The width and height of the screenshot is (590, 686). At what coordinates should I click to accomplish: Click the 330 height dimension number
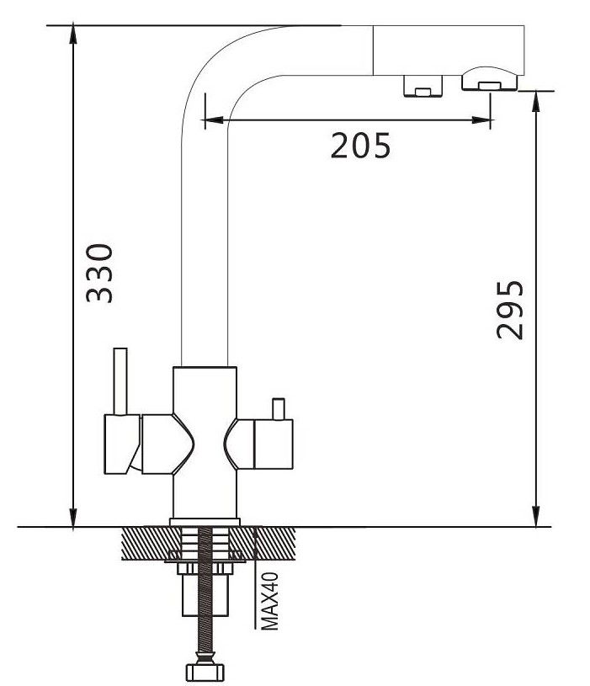99,274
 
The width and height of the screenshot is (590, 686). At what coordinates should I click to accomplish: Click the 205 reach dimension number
360,146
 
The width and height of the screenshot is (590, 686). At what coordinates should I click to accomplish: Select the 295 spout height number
510,311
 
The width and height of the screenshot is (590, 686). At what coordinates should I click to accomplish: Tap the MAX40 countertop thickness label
270,601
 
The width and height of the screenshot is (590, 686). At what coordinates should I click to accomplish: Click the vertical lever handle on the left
120,381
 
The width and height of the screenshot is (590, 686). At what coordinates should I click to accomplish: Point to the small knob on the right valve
278,408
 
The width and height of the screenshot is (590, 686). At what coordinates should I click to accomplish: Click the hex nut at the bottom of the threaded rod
205,672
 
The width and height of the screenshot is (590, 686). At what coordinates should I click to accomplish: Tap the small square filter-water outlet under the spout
423,86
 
